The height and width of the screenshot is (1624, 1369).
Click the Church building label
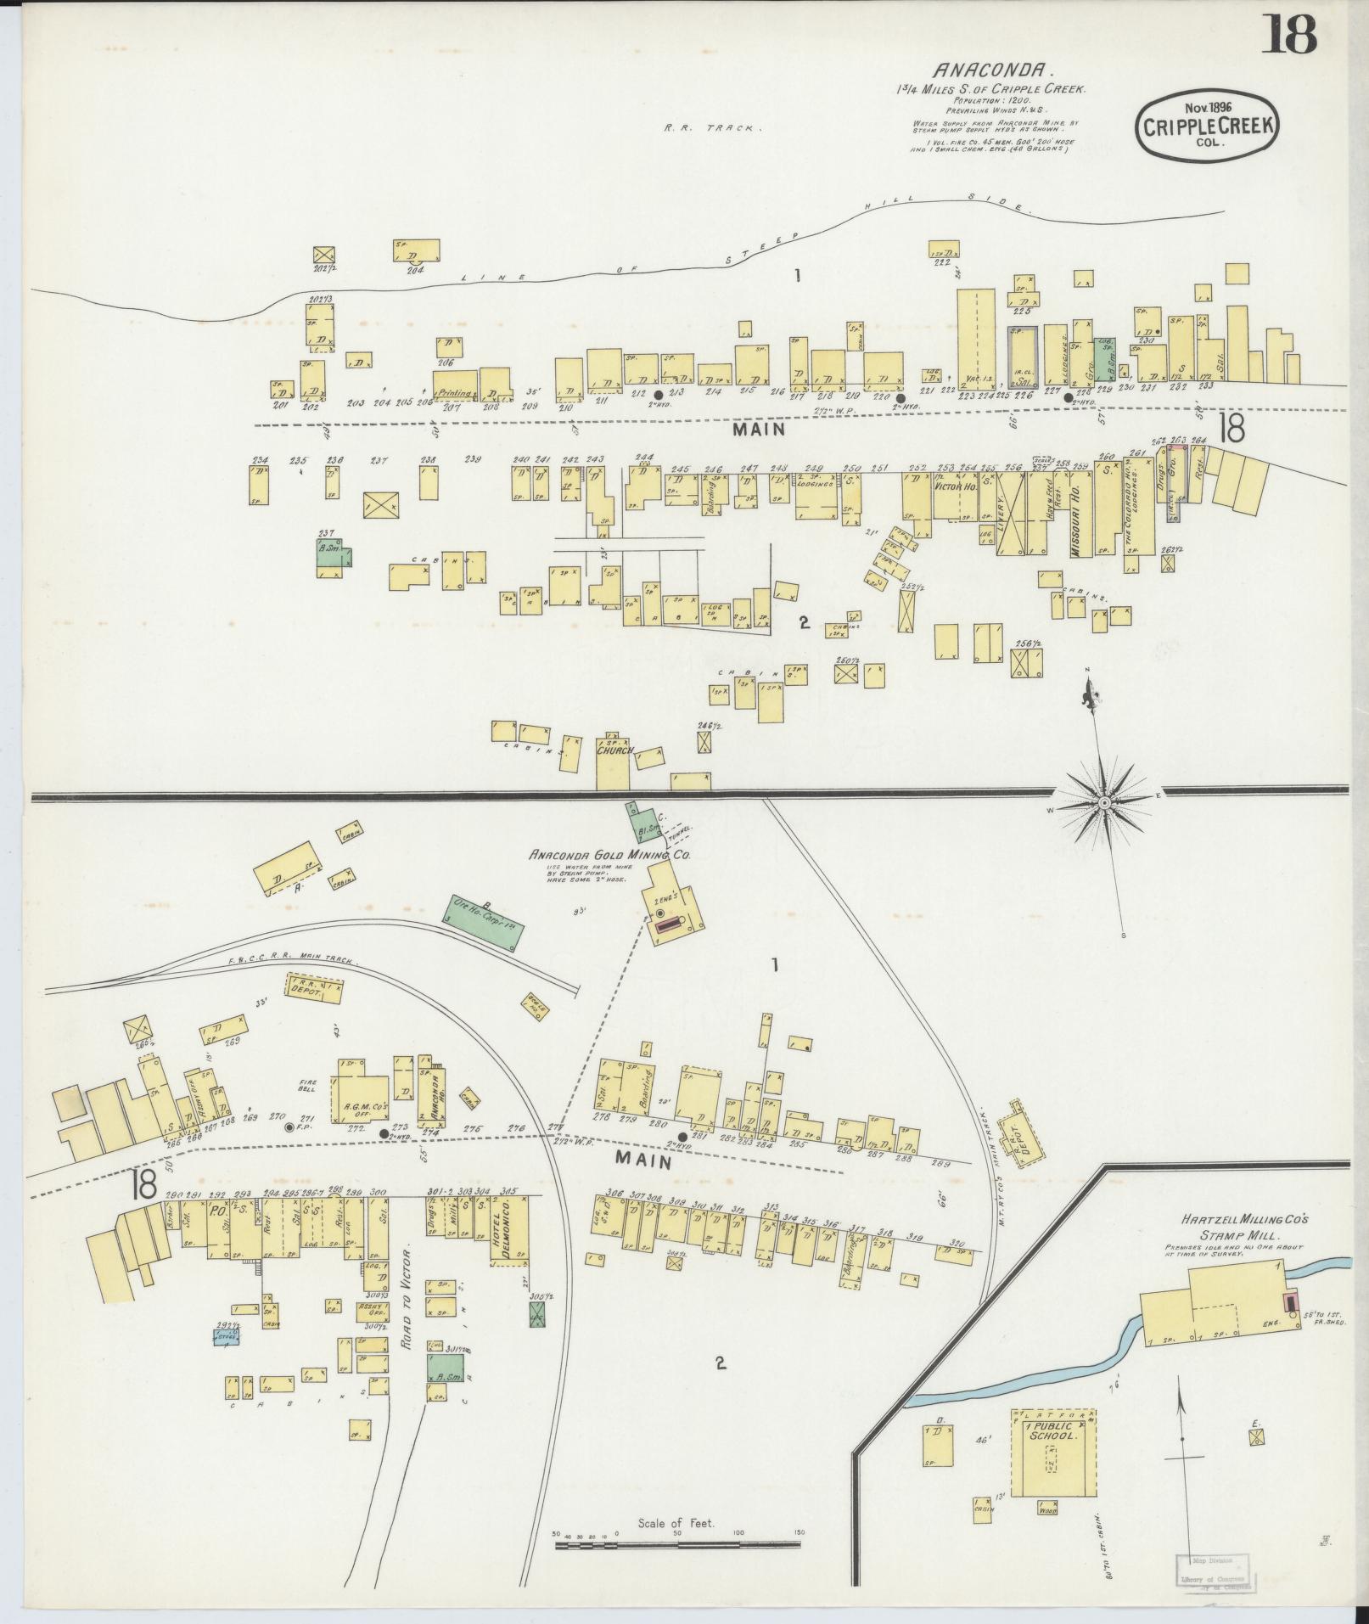[614, 751]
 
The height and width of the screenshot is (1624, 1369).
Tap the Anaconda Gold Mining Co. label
[609, 856]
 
